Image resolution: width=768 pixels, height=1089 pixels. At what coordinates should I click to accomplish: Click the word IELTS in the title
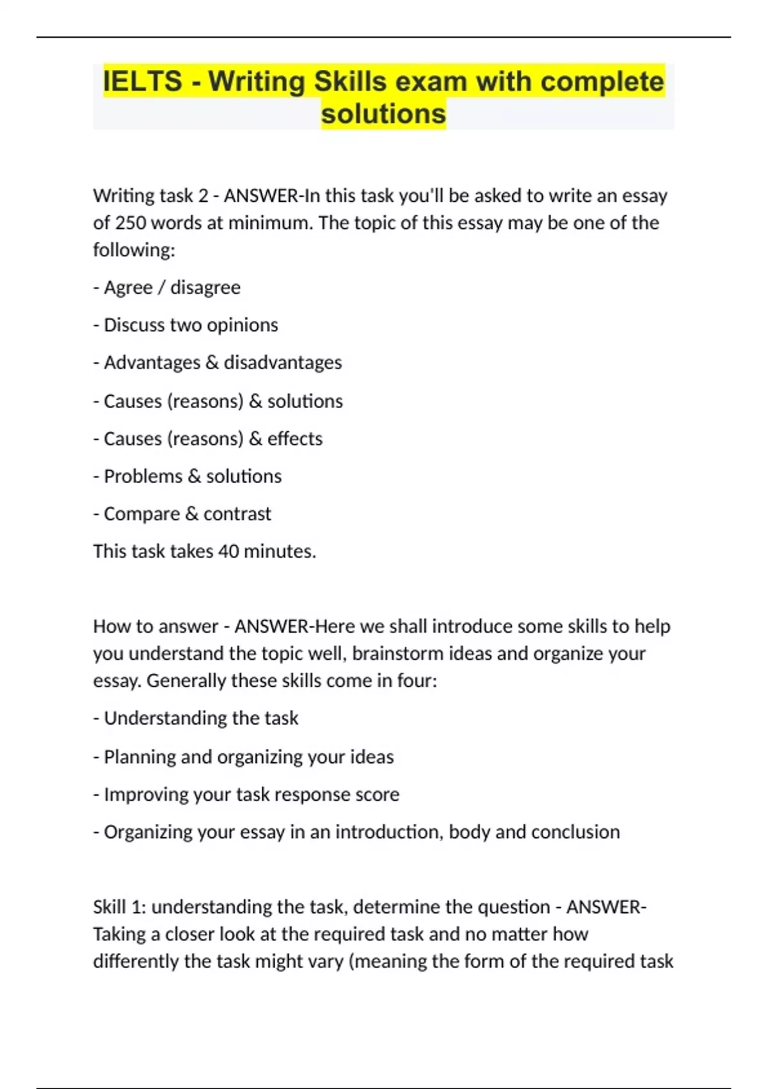click(x=142, y=82)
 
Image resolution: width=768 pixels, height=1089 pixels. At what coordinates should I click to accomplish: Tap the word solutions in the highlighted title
click(x=383, y=114)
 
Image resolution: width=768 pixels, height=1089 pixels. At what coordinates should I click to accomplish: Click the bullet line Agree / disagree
click(x=167, y=288)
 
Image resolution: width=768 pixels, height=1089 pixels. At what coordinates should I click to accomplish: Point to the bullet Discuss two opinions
click(x=186, y=325)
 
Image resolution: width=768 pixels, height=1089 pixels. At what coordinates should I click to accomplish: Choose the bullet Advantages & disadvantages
click(x=218, y=363)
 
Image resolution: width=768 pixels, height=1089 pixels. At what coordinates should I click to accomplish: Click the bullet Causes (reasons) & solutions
click(x=218, y=401)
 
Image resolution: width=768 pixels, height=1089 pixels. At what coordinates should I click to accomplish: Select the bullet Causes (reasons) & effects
click(x=208, y=439)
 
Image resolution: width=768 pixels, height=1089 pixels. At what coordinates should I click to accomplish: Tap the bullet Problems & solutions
click(x=188, y=477)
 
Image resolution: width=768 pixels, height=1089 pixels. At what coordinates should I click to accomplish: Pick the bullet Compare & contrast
click(x=182, y=514)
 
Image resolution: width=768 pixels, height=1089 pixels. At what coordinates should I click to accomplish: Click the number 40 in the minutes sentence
click(x=228, y=552)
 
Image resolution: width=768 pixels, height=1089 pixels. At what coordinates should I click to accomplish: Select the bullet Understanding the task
click(x=196, y=718)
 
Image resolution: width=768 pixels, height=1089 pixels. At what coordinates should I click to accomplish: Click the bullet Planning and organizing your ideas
click(x=244, y=757)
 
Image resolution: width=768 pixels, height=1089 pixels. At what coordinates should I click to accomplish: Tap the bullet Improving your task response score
click(x=246, y=794)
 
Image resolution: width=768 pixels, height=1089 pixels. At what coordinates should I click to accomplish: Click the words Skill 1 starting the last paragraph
click(x=119, y=907)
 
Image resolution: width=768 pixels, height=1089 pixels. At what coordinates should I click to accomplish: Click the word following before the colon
click(x=132, y=250)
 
